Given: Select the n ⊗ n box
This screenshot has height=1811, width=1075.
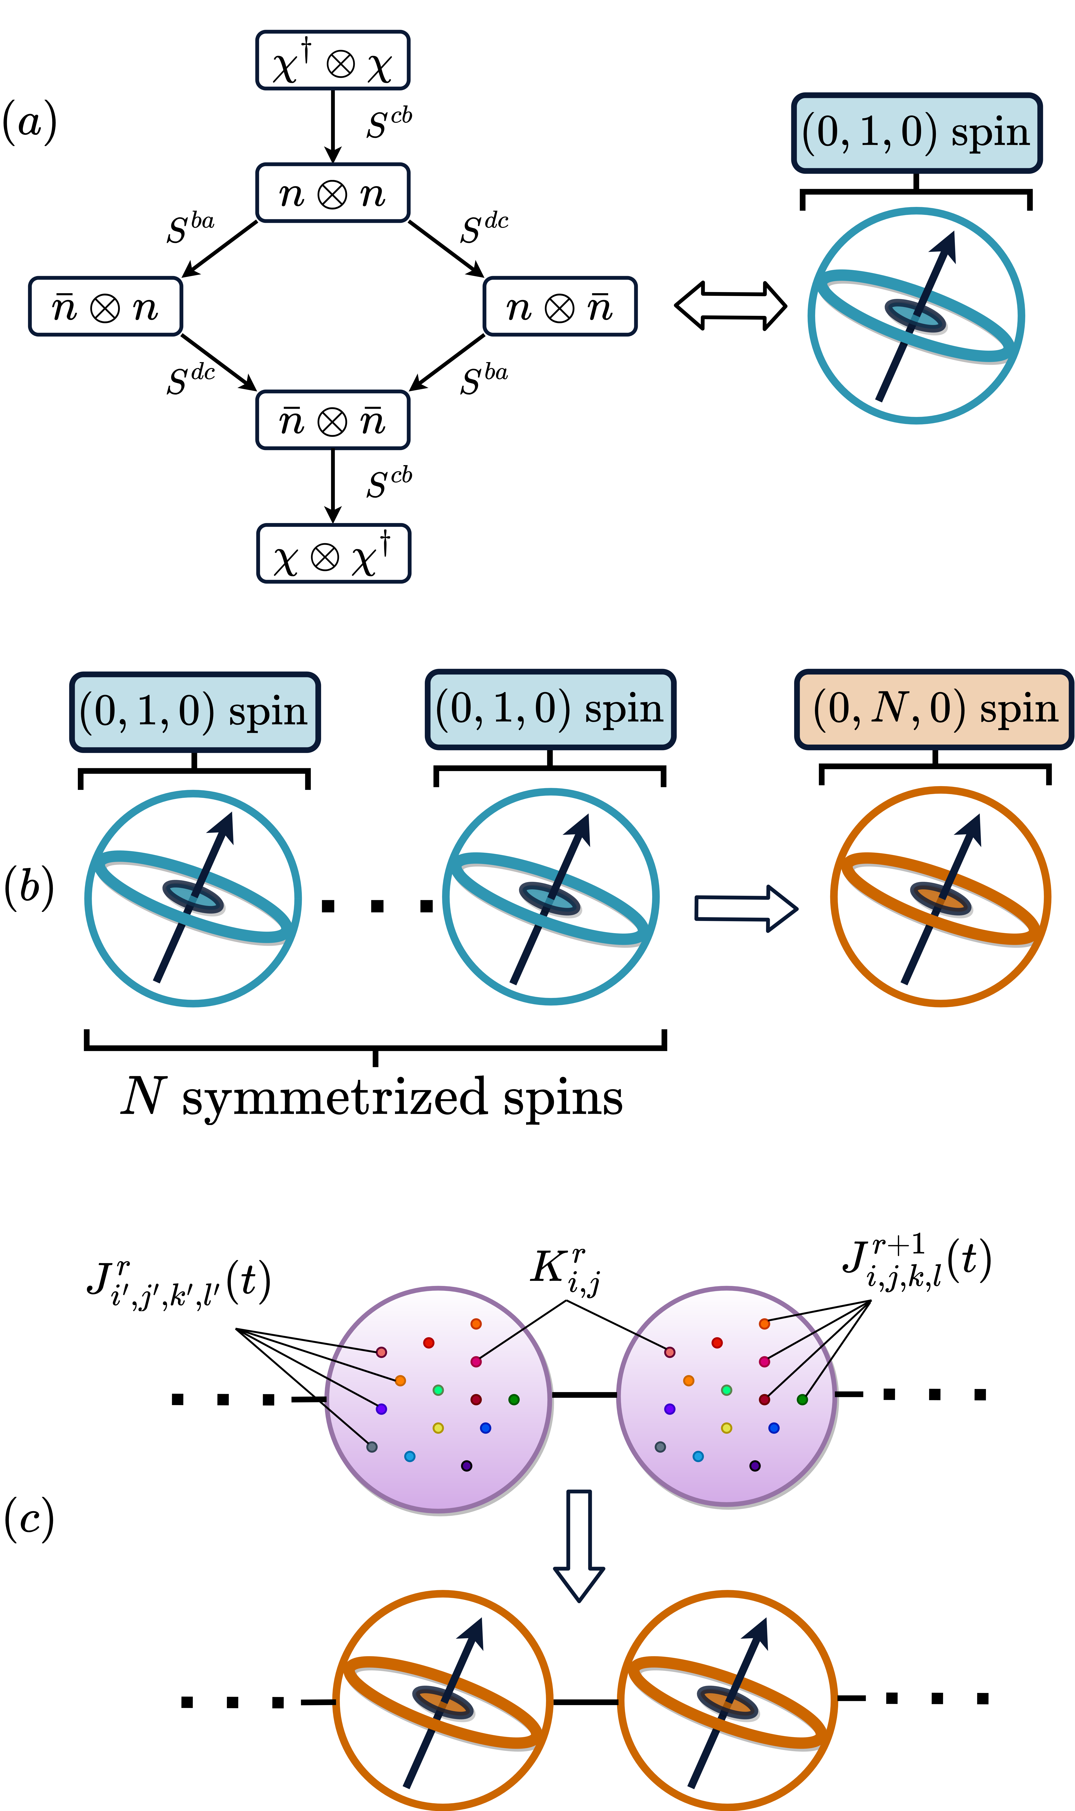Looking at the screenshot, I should tap(333, 193).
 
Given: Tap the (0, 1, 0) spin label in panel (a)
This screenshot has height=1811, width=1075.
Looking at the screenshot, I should tap(916, 133).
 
